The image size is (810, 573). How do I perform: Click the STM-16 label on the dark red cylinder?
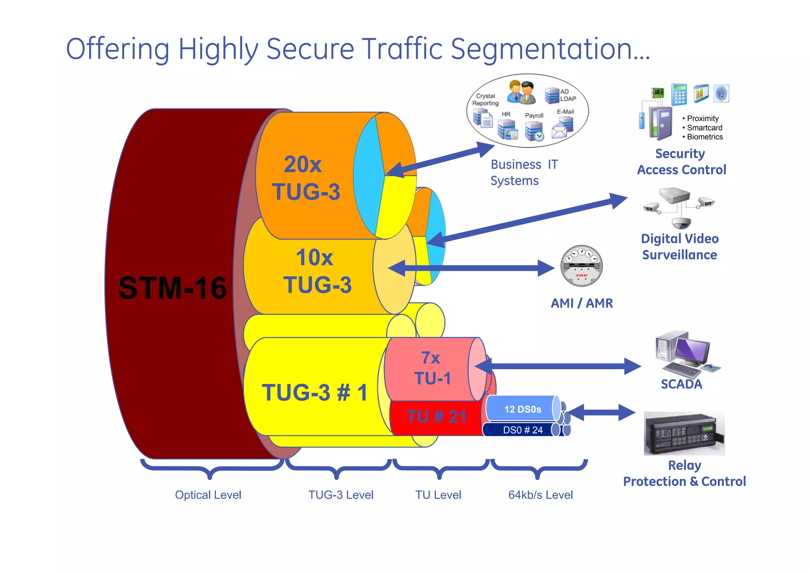click(172, 288)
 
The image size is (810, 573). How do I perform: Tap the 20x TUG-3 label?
click(305, 178)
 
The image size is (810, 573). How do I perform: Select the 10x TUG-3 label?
click(316, 271)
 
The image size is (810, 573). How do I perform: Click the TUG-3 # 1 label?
click(315, 393)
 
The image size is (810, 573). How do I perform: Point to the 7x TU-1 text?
click(432, 368)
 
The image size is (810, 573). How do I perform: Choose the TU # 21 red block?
click(436, 417)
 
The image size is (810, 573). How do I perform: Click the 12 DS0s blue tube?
click(522, 409)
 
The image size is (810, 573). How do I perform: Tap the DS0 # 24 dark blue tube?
click(522, 430)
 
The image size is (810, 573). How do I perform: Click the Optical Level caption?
click(208, 495)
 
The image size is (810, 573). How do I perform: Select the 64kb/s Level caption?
click(540, 495)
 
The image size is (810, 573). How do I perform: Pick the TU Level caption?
click(438, 495)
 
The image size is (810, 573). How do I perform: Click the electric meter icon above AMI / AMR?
click(581, 266)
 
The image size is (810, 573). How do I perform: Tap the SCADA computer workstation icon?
click(684, 353)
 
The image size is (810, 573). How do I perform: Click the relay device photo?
click(684, 434)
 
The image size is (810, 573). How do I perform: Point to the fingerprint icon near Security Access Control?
click(721, 94)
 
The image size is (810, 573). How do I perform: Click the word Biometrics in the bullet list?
click(705, 137)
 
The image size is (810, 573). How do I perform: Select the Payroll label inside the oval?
click(534, 116)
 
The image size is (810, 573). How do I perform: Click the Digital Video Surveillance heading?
click(679, 247)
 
